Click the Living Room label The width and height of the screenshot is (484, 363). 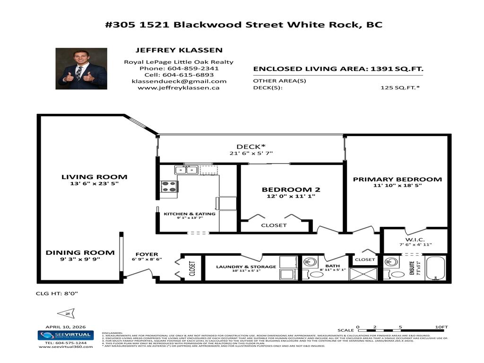click(x=94, y=177)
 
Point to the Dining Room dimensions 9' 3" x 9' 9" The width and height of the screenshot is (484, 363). click(x=80, y=259)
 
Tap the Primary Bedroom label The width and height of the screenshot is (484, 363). click(x=397, y=179)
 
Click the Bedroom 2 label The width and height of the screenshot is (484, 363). click(x=291, y=190)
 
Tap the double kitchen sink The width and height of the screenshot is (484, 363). click(x=185, y=170)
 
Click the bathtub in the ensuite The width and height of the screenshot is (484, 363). click(x=435, y=268)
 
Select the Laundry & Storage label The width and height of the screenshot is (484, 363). click(x=246, y=267)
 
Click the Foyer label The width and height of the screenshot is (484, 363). click(x=147, y=254)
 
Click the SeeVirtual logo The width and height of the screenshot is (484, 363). click(x=65, y=335)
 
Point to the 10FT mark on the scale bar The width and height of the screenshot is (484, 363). click(x=441, y=327)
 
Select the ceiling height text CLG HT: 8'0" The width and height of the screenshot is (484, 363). click(x=57, y=293)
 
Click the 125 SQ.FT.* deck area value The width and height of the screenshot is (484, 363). click(x=400, y=87)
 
